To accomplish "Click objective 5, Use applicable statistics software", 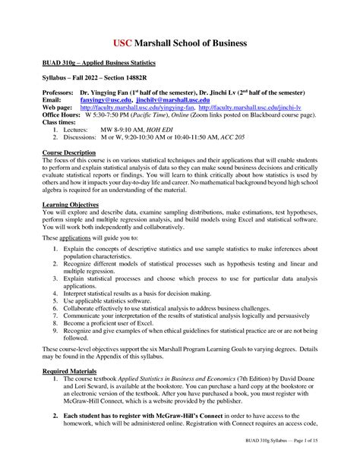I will point(114,300).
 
